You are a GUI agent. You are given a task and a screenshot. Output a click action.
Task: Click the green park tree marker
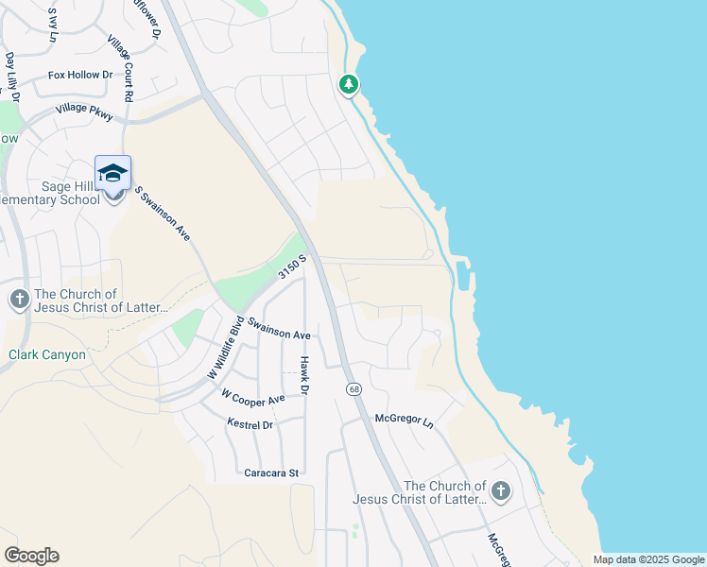[x=349, y=85]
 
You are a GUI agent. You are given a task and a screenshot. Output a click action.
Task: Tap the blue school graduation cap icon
[x=112, y=173]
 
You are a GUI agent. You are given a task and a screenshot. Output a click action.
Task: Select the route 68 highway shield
[x=353, y=389]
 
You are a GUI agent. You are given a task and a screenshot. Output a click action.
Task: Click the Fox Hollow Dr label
[x=80, y=75]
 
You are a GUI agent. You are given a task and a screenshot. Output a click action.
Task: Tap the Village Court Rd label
[x=120, y=69]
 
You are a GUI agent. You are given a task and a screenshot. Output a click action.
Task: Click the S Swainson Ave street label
[x=163, y=212]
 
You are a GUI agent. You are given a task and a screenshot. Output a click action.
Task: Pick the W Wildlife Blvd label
[x=225, y=347]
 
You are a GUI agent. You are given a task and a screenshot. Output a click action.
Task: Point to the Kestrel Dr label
[x=250, y=425]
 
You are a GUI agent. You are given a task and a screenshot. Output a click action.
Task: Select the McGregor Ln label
[x=404, y=419]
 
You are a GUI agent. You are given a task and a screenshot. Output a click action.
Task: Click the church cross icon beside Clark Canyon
[x=19, y=301]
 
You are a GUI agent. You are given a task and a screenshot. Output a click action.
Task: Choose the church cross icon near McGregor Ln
[x=500, y=491]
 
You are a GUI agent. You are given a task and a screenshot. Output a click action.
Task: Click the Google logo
[x=31, y=556]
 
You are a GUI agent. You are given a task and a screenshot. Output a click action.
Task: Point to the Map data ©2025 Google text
[x=647, y=559]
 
